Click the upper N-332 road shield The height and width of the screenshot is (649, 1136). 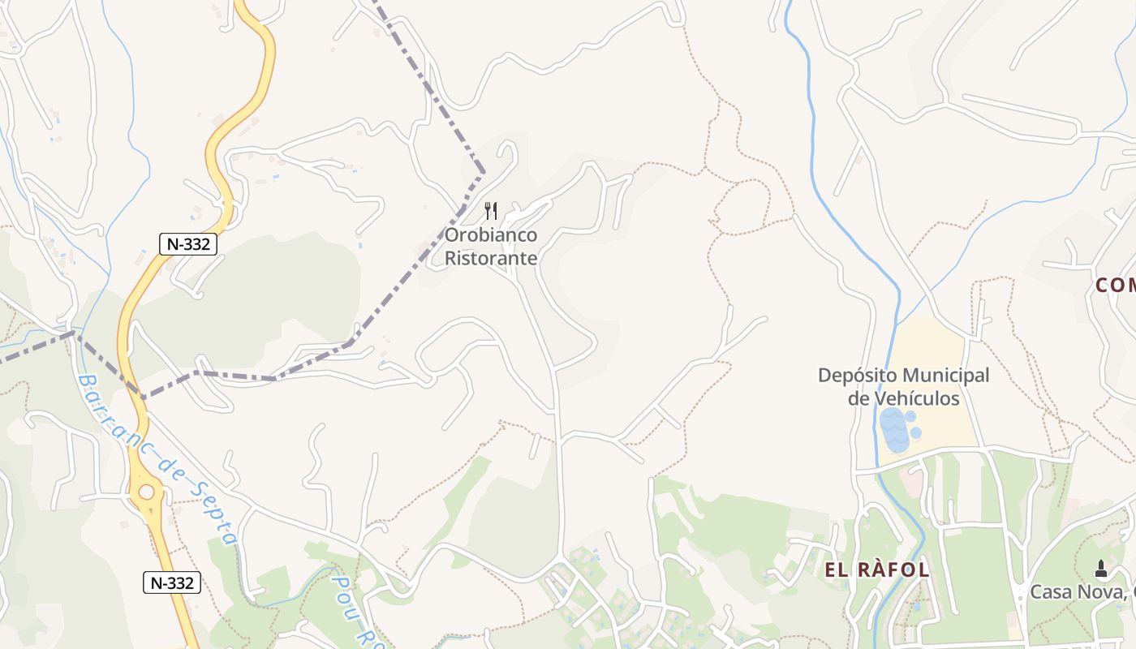coord(188,243)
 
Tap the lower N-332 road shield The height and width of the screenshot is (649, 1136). coord(172,582)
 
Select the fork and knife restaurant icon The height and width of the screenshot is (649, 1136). coord(491,211)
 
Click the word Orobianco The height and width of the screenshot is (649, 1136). coord(491,235)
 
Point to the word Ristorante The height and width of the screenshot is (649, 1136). coord(491,258)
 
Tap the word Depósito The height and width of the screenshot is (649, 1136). coord(857,376)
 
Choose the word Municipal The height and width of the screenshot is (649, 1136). coord(946,376)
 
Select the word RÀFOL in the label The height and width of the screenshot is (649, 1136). coord(892,569)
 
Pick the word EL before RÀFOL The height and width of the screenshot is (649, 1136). coord(836,569)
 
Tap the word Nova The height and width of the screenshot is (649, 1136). coord(1100,592)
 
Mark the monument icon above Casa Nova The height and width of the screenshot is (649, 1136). coord(1100,568)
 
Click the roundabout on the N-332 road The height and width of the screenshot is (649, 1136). coord(147,492)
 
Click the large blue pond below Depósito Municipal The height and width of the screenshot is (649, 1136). coord(893,431)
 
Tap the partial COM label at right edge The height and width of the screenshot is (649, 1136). coord(1115,285)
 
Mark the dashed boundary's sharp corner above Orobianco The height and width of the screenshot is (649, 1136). coord(484,172)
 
